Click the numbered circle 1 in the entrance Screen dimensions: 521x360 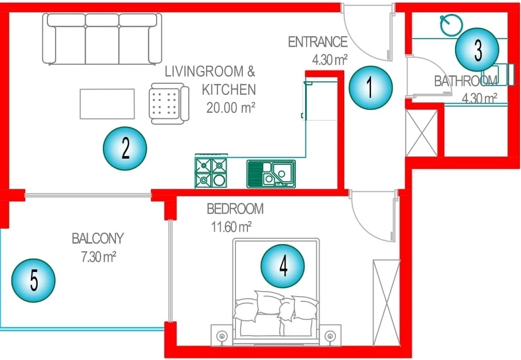click(371, 88)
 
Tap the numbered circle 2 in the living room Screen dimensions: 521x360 click(125, 148)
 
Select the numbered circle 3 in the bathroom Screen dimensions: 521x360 click(477, 49)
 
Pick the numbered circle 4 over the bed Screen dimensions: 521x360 click(283, 266)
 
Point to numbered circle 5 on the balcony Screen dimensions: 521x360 click(33, 280)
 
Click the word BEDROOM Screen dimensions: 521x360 click(235, 209)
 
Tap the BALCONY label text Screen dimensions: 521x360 click(98, 238)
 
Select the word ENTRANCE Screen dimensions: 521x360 click(317, 42)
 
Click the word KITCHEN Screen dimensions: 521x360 click(229, 90)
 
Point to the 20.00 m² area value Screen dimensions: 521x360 click(230, 108)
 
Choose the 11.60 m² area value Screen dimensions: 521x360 click(231, 227)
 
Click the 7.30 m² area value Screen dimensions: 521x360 click(98, 256)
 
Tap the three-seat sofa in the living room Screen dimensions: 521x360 click(102, 39)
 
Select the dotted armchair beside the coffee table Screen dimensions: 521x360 click(169, 104)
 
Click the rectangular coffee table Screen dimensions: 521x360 click(107, 104)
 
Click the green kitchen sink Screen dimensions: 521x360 click(271, 174)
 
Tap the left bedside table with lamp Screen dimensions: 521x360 click(222, 335)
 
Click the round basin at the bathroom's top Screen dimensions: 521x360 click(451, 25)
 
